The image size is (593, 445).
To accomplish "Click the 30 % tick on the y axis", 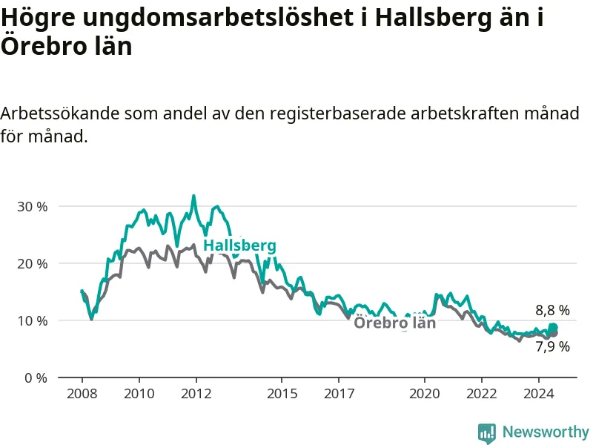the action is point(33,207).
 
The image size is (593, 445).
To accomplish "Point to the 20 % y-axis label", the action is point(33,264).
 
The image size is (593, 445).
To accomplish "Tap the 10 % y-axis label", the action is point(33,321).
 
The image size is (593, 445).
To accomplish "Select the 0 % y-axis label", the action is point(36,378).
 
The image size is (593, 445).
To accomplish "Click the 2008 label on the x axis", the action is point(82,394).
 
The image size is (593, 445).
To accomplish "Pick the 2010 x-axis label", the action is point(139,394).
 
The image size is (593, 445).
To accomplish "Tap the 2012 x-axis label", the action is point(196,394).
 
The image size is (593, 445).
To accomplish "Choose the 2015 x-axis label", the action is point(282,394).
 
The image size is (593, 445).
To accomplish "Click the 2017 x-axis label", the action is point(339,394).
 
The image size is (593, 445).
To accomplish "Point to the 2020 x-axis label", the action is point(425,394).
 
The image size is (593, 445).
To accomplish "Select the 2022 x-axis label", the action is point(482,394).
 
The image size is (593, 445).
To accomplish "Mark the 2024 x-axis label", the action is point(539,394).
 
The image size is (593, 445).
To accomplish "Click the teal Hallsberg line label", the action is point(239,246).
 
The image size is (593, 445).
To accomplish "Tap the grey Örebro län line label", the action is point(395,323).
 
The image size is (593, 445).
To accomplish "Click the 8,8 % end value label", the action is point(552,310).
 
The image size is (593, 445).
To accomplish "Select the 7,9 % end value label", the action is point(552,346).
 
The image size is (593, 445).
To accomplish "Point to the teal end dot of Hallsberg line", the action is point(553,327).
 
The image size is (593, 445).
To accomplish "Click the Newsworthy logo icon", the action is point(487,433).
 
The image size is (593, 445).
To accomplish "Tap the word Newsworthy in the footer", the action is point(546,432).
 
